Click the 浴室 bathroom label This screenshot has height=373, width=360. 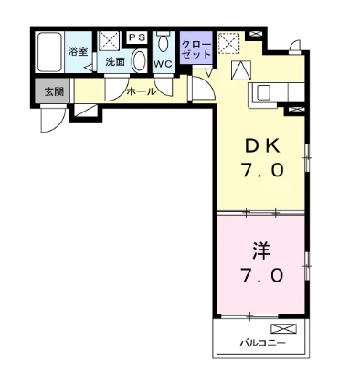78,51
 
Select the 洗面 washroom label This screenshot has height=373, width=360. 115,62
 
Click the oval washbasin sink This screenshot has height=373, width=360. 139,60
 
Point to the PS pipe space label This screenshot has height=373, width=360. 137,37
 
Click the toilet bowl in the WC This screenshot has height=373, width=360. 163,43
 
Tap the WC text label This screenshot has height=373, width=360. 163,64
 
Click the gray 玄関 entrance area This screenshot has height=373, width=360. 53,91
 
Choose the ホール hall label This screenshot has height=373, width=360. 141,91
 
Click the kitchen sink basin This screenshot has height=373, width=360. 264,92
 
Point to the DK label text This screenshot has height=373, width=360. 262,147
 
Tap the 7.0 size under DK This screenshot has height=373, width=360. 262,170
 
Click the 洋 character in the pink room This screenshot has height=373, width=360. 261,251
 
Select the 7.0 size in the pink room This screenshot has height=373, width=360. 262,276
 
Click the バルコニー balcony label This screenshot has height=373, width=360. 262,343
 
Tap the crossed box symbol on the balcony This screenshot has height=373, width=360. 283,328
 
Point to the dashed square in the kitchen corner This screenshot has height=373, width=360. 228,43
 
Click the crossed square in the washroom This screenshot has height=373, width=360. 110,41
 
